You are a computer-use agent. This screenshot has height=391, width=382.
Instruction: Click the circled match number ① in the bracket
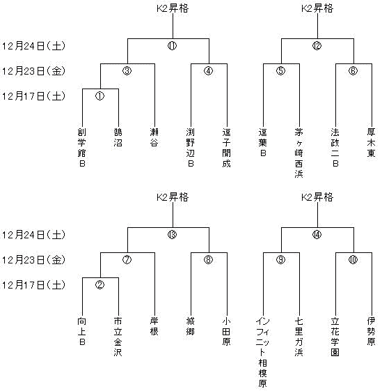100,96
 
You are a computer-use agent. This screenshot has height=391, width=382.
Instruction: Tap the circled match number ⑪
172,46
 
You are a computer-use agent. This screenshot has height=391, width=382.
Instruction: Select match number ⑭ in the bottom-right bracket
317,235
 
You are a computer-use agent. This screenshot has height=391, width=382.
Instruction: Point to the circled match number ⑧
209,260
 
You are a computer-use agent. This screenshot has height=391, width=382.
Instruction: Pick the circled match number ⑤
280,71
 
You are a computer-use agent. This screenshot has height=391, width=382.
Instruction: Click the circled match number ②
100,285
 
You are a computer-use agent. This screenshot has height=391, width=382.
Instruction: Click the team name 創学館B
82,147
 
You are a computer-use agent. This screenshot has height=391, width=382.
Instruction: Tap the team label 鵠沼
118,137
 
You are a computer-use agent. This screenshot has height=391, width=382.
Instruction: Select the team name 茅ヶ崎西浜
299,153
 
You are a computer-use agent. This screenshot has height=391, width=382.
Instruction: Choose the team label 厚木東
371,142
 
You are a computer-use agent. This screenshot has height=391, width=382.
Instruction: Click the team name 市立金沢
118,337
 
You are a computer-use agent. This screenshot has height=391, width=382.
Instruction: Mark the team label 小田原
227,331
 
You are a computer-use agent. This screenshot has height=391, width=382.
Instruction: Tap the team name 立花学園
335,337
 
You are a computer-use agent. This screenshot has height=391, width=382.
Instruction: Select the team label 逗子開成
227,147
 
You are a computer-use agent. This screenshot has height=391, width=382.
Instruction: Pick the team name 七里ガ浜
299,337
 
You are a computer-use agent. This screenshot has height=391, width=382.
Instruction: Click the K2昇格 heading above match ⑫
317,8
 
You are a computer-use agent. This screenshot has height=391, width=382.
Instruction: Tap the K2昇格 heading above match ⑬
173,197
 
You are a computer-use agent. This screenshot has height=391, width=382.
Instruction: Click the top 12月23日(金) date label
33,71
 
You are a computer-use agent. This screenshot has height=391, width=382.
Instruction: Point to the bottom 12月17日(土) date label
33,285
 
